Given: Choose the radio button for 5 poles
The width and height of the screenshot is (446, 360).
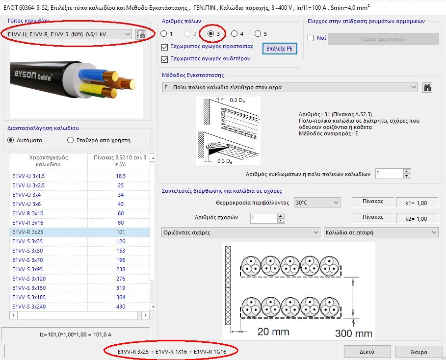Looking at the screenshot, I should point(258,34).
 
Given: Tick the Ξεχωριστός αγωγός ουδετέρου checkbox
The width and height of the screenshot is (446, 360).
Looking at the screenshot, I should point(165,59).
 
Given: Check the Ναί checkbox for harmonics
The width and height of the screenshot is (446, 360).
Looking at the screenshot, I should point(311,38).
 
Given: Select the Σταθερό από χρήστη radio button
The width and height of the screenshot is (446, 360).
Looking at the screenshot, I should point(70,140).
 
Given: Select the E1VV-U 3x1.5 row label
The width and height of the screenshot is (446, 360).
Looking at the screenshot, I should point(28,176).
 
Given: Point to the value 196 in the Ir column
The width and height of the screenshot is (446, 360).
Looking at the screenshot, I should point(120,260).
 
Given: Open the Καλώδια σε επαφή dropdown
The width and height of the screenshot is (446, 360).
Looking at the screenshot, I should point(381,232).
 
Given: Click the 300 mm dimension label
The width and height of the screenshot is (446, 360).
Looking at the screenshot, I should point(353,333).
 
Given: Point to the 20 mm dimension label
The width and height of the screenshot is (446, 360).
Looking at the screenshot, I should point(273,332).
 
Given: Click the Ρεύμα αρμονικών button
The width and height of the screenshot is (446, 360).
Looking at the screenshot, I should point(383,39).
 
